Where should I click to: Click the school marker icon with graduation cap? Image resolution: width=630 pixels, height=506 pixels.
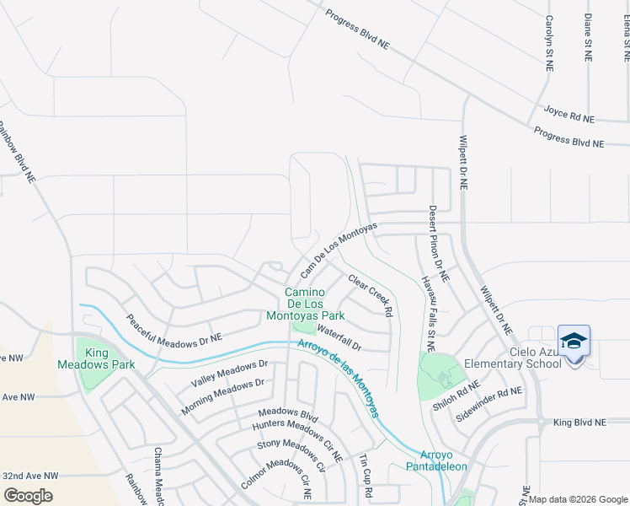click(x=574, y=341)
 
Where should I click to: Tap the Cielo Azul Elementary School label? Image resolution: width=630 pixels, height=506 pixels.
click(x=534, y=358)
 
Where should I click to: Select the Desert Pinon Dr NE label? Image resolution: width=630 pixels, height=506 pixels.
click(x=439, y=244)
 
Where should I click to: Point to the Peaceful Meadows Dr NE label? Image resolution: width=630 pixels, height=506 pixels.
click(x=174, y=327)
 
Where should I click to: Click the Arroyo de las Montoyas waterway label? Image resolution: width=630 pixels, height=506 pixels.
click(x=337, y=377)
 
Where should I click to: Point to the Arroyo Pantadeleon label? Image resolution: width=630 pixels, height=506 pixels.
click(x=424, y=460)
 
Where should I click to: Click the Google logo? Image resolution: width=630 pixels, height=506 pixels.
click(x=28, y=495)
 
